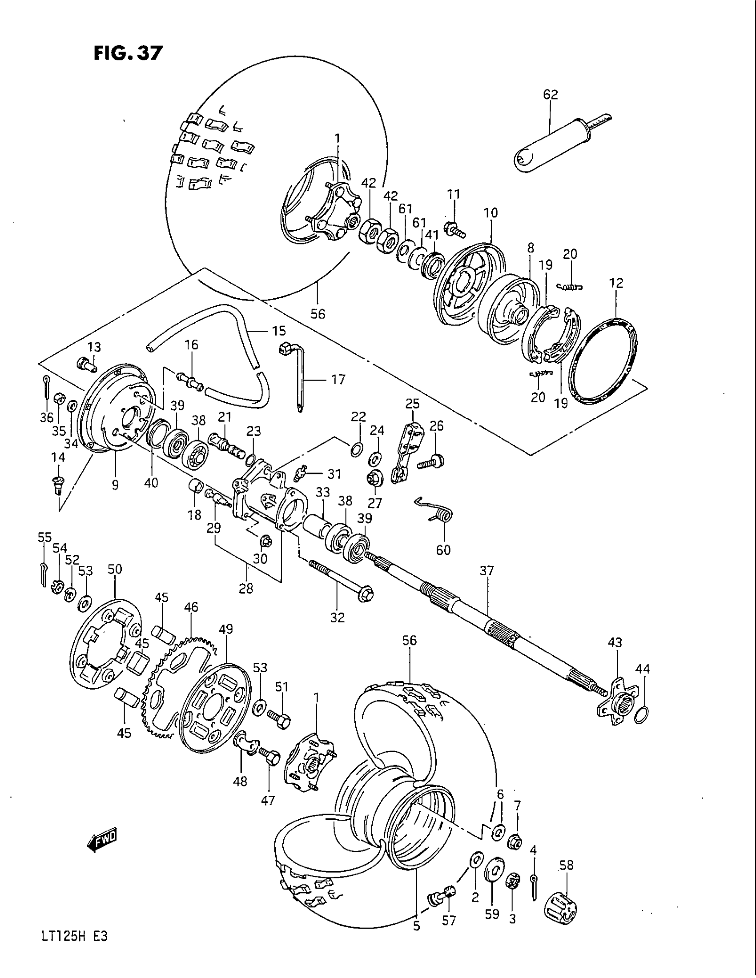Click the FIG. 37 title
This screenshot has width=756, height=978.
click(x=127, y=53)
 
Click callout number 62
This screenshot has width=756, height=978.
click(x=551, y=95)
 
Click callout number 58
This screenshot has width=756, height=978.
click(x=567, y=866)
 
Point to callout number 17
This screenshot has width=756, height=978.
click(x=338, y=380)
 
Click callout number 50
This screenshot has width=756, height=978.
click(x=115, y=569)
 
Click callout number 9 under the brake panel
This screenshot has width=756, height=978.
click(x=115, y=485)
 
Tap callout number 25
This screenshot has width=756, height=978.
click(x=413, y=405)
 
